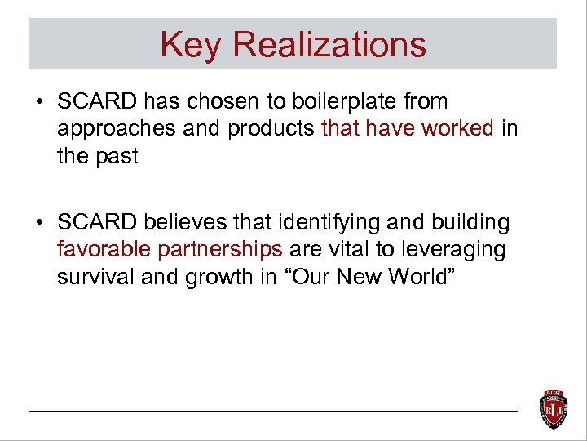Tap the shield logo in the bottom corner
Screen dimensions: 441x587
pos(554,408)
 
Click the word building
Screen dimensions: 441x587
pos(473,222)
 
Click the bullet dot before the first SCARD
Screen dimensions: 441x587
pos(39,103)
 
